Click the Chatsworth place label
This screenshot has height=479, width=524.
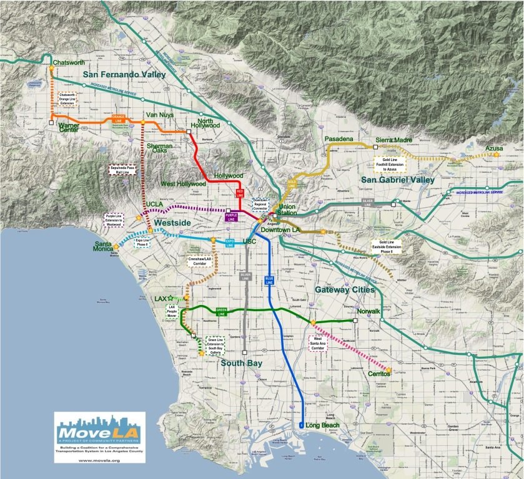point(69,63)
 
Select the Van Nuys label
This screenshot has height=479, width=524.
point(159,115)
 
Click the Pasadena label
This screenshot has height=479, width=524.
point(339,138)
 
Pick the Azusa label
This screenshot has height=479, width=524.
point(495,148)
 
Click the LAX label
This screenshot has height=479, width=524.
point(162,299)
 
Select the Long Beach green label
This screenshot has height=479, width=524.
point(321,425)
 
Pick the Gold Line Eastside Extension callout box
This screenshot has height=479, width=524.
point(388,245)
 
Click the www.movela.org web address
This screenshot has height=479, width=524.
point(99,460)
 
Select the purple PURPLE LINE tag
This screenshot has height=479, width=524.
point(232,218)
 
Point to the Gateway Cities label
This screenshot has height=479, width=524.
point(345,290)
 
